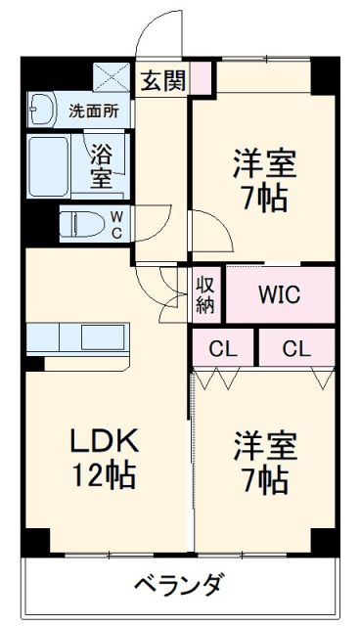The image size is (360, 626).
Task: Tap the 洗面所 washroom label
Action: click(93, 111)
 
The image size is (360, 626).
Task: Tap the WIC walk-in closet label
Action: click(279, 293)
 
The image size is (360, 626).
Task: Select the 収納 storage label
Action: click(205, 293)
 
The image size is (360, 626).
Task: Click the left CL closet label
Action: click(222, 347)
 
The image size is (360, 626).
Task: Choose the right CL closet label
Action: click(296, 347)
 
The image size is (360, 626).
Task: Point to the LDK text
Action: click(102, 441)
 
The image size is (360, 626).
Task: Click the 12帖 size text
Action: click(102, 477)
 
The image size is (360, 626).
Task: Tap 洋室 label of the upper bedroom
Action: click(263, 160)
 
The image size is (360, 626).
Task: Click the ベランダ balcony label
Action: click(178, 584)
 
